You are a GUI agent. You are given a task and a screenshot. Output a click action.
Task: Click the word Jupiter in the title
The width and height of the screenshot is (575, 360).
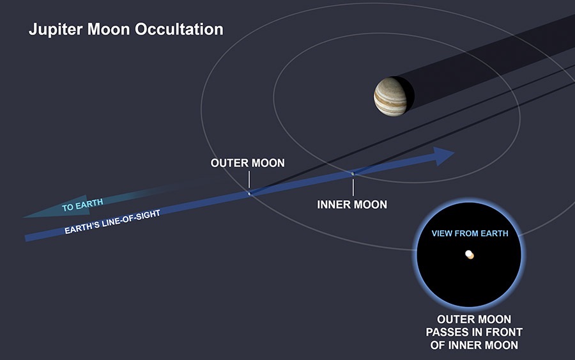pyautogui.click(x=56, y=29)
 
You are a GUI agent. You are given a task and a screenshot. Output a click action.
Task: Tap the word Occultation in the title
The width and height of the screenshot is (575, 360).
pyautogui.click(x=179, y=29)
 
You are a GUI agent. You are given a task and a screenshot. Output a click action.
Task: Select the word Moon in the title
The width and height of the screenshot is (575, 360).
pyautogui.click(x=109, y=29)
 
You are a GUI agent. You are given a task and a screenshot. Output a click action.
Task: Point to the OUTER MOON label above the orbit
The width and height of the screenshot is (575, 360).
pyautogui.click(x=247, y=163)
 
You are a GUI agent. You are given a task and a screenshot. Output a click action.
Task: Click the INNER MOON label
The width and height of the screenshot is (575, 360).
pyautogui.click(x=352, y=205)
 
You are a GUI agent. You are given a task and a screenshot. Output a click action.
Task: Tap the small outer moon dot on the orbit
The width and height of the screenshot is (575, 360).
pyautogui.click(x=249, y=193)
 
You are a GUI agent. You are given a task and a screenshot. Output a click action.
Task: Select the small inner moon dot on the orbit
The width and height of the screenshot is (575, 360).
pyautogui.click(x=353, y=173)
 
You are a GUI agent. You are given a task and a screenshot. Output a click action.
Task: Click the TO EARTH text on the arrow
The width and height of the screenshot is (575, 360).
pyautogui.click(x=82, y=205)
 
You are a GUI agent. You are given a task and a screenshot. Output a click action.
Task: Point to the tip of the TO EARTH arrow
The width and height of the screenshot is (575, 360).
pyautogui.click(x=24, y=217)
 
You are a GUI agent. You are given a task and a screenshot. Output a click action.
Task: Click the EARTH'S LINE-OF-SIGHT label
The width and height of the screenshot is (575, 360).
pyautogui.click(x=112, y=222)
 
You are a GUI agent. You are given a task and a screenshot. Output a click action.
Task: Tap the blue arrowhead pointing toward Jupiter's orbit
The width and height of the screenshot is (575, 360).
pyautogui.click(x=443, y=156)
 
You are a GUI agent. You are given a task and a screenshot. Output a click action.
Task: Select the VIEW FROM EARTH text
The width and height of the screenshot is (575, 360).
pyautogui.click(x=470, y=233)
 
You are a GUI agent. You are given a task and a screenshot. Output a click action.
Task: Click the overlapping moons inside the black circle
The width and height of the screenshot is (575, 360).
pyautogui.click(x=470, y=254)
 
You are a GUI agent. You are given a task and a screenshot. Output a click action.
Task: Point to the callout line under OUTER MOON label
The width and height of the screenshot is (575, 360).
pyautogui.click(x=249, y=180)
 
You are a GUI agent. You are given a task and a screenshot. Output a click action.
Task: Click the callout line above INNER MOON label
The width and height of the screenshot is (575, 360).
pyautogui.click(x=353, y=187)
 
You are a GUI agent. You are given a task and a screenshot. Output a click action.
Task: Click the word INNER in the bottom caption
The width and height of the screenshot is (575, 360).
pyautogui.click(x=465, y=345)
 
